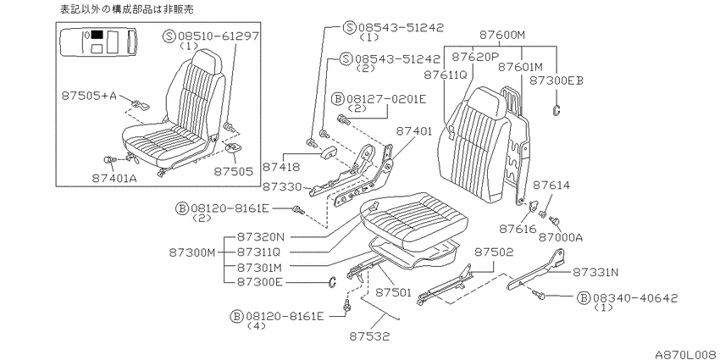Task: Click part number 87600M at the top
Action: point(502,35)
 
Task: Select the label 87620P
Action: point(475,57)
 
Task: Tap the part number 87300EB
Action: point(556,80)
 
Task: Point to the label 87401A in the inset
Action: point(114,178)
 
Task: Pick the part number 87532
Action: point(369,336)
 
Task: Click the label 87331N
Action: point(595,272)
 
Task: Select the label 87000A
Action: point(560,237)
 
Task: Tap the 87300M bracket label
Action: point(192,252)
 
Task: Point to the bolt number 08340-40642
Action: point(634,298)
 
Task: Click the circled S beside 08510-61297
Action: point(169,36)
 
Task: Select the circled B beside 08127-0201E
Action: point(337,98)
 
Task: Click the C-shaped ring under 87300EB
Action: point(556,110)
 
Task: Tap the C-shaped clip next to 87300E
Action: point(332,282)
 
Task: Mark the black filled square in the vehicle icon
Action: point(97,34)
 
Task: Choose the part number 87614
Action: point(551,185)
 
